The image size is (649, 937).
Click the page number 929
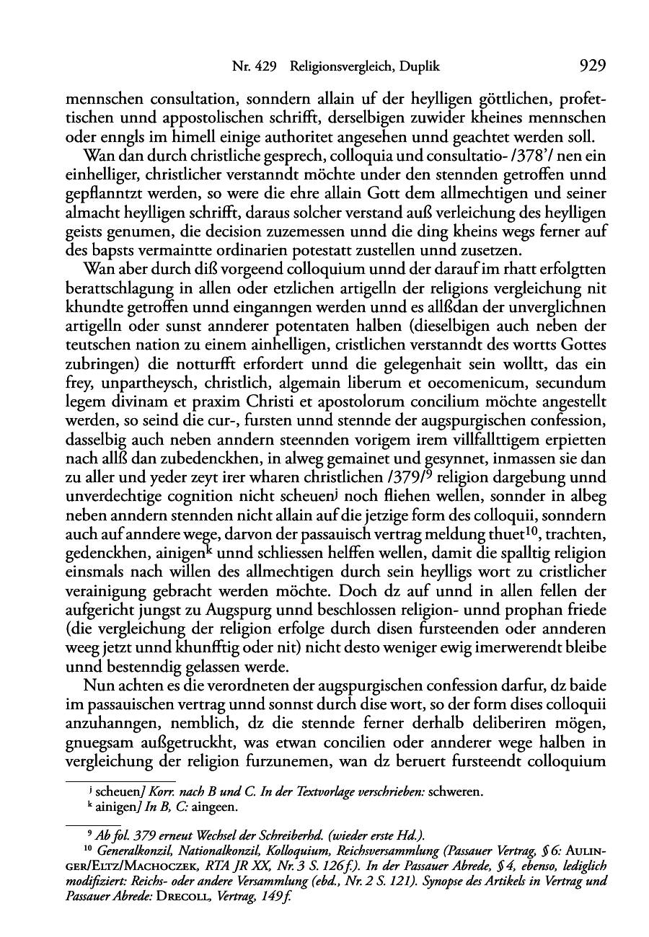591,67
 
